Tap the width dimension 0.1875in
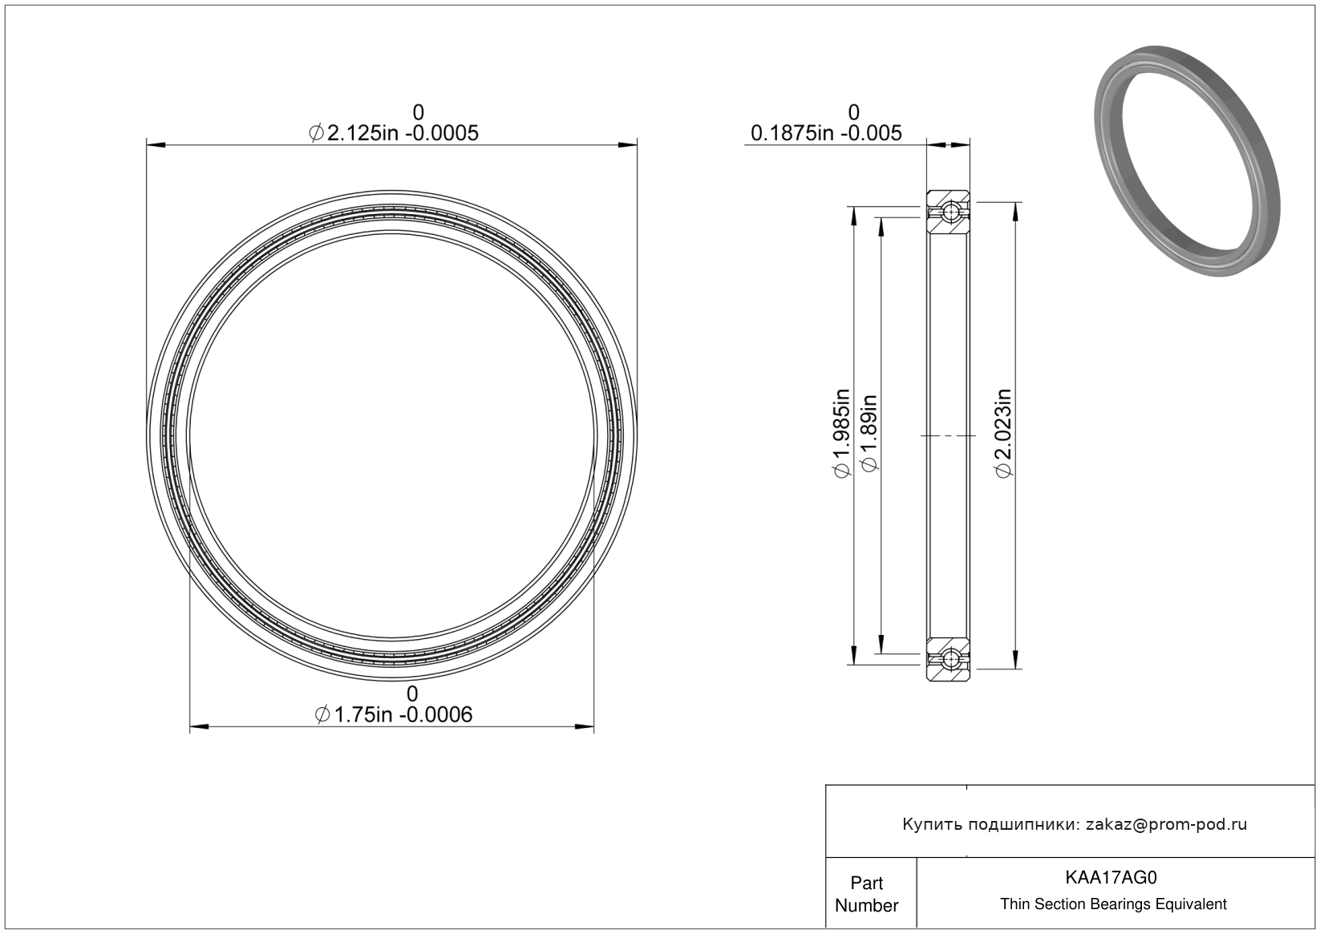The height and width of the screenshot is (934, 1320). pos(793,133)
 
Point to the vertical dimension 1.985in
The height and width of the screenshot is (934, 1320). pos(841,433)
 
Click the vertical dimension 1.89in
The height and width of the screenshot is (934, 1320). pos(870,433)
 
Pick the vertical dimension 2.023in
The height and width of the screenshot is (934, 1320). pos(1003,433)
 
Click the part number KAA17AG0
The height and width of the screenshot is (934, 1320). pos(1111,877)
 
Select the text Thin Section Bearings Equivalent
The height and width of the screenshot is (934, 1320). pos(1113,904)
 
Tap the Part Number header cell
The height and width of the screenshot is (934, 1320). pos(866,894)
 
